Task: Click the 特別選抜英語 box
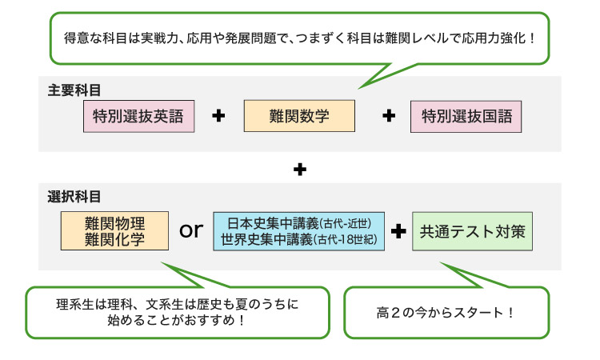(138, 116)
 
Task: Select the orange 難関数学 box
(298, 116)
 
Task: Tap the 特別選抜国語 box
(466, 116)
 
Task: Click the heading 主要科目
(74, 89)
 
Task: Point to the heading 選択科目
(74, 195)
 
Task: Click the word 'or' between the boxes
(191, 231)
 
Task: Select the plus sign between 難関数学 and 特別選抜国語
(390, 116)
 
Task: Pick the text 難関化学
(114, 239)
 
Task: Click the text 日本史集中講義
(273, 223)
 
